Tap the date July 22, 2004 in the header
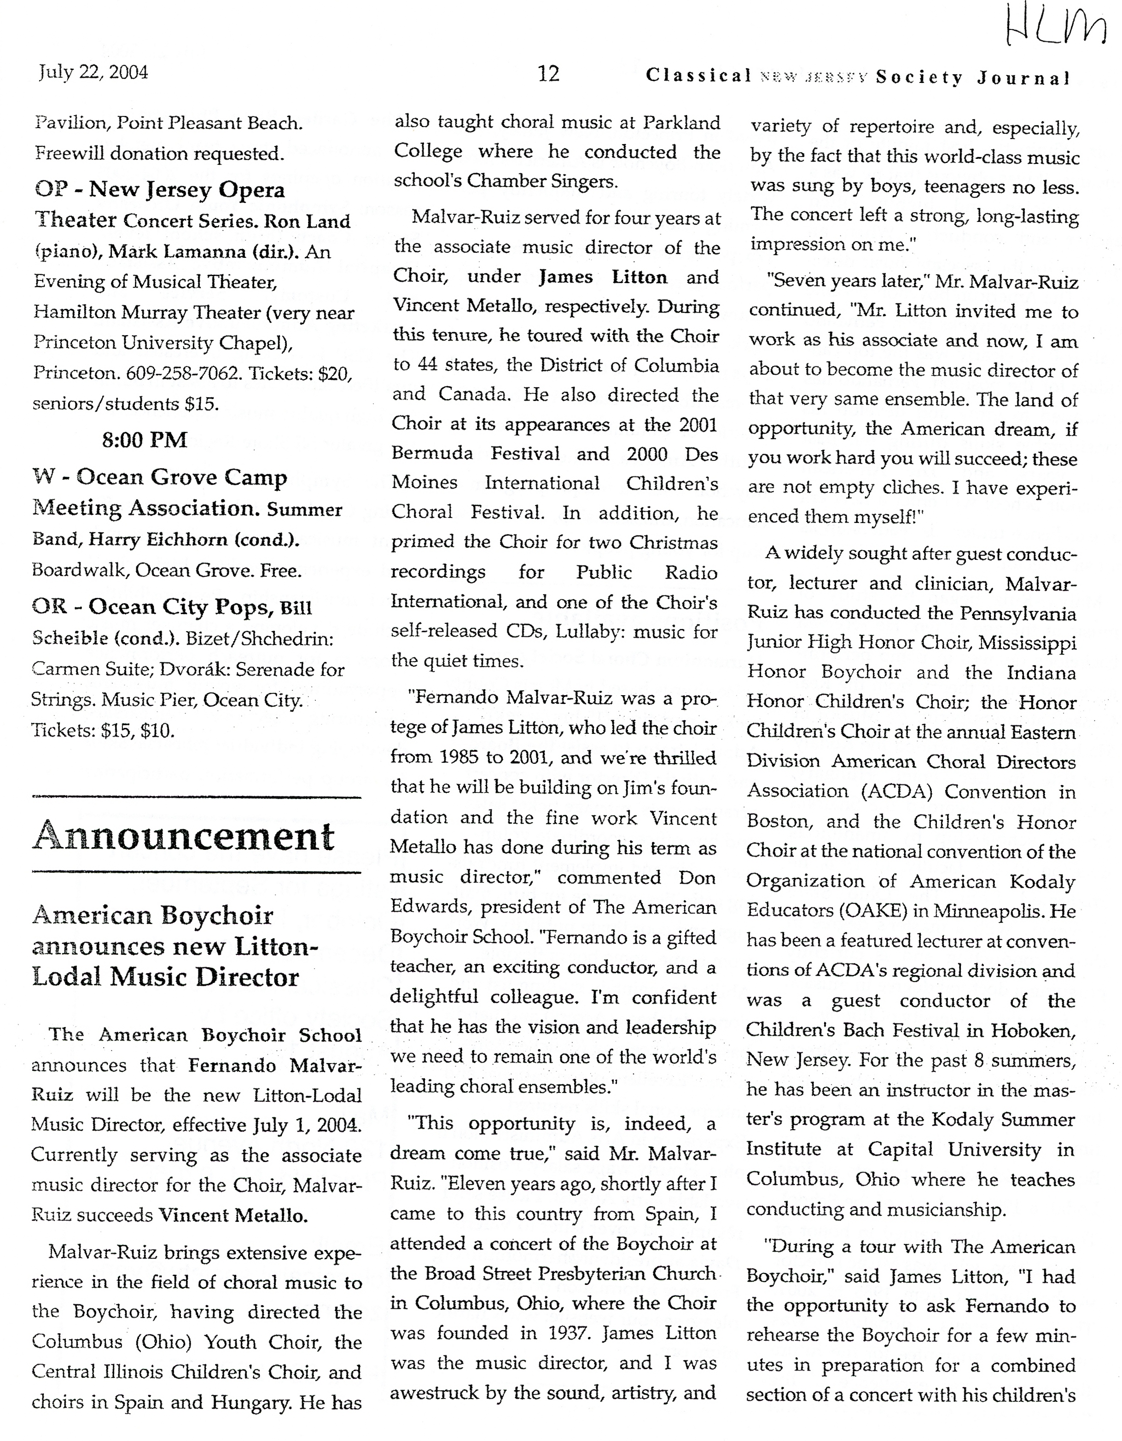(93, 72)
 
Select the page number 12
(548, 73)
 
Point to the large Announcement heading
(184, 837)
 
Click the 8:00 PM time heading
(145, 440)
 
